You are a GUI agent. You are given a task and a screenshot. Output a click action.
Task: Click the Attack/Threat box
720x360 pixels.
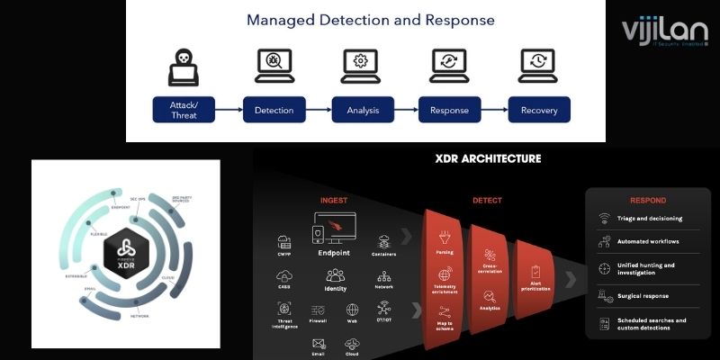pos(184,111)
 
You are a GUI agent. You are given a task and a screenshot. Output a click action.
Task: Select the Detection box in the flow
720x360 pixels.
pos(274,111)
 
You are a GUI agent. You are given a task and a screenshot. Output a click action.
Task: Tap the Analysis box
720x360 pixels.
pos(363,111)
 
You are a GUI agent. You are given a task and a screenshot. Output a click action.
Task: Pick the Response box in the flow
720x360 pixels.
pos(450,111)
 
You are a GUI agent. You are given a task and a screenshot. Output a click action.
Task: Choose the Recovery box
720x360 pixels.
pos(539,111)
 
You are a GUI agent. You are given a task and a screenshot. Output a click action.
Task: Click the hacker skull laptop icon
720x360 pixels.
pos(184,66)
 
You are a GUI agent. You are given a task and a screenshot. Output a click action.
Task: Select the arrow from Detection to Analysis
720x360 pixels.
pos(319,111)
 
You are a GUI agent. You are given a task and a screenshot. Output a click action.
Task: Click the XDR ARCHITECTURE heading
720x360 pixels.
pos(489,159)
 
